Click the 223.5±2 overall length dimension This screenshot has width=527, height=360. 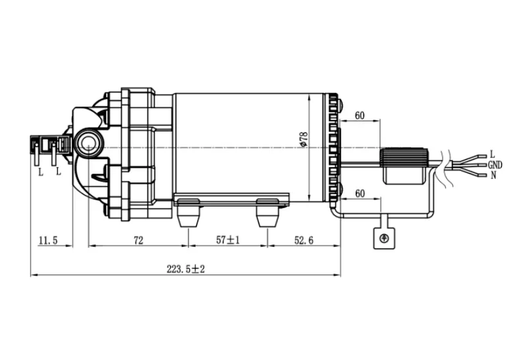click(186, 269)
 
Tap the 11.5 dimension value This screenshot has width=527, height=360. click(48, 240)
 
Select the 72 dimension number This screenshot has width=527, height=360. click(138, 240)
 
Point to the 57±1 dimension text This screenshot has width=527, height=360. click(228, 240)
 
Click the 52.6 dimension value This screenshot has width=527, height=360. click(304, 240)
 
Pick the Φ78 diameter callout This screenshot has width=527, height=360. click(304, 139)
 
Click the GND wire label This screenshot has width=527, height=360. click(495, 165)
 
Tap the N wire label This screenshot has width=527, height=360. click(493, 175)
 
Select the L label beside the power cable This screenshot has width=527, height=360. click(492, 155)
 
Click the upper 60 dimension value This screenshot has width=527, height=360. click(360, 116)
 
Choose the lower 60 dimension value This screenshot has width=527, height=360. click(360, 193)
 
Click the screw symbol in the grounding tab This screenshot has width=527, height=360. click(384, 238)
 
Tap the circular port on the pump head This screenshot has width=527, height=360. click(88, 142)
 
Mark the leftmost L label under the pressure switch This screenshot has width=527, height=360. click(41, 172)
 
